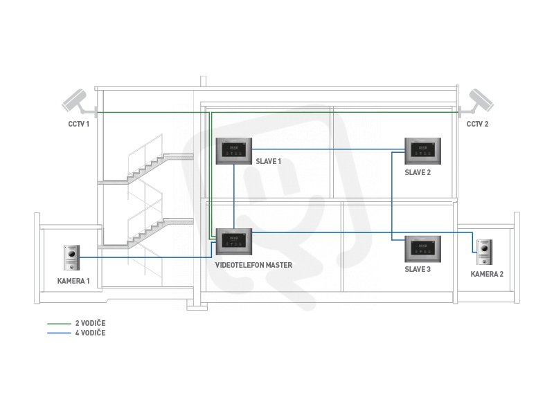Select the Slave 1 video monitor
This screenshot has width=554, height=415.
(x=234, y=151)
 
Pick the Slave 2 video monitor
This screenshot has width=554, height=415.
(x=423, y=151)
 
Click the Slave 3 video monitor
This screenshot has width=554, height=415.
(x=423, y=249)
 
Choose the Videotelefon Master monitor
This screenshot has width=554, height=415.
(x=234, y=241)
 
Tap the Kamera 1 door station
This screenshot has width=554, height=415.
(x=72, y=258)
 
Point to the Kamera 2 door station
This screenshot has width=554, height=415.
(x=484, y=252)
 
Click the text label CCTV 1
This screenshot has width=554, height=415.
(x=79, y=124)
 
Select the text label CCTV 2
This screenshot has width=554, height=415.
(x=477, y=124)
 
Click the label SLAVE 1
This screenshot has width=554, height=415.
(x=269, y=161)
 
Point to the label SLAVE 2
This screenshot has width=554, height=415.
(x=418, y=172)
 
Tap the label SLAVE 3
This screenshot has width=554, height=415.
(x=418, y=269)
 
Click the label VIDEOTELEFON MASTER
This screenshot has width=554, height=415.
(x=253, y=265)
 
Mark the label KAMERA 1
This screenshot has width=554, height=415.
(x=73, y=281)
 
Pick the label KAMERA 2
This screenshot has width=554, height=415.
(x=488, y=274)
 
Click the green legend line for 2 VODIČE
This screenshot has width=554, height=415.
(x=59, y=323)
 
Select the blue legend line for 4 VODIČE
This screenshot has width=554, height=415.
(x=59, y=333)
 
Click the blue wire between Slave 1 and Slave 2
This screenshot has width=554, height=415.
(x=328, y=149)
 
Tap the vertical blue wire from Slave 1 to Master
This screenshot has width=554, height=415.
(x=234, y=196)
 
